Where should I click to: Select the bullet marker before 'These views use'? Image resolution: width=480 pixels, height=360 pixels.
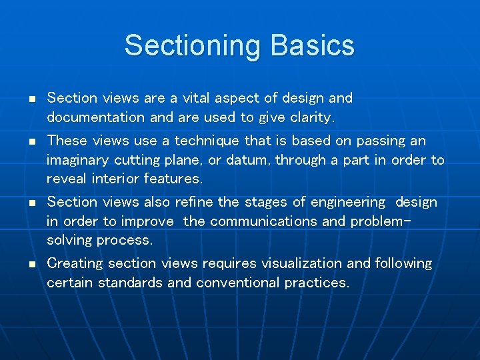(x=31, y=142)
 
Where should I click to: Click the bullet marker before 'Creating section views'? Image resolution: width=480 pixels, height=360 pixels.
(x=31, y=265)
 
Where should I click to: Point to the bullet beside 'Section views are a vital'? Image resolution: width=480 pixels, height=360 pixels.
(x=31, y=99)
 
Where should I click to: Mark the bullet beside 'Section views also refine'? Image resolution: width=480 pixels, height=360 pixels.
(x=31, y=203)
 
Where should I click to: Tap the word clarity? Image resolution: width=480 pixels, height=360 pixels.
(x=311, y=117)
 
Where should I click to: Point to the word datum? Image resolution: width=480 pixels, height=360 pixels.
(x=251, y=160)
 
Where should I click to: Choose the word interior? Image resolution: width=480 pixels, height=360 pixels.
(x=113, y=179)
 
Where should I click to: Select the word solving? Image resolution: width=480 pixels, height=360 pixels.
(x=69, y=240)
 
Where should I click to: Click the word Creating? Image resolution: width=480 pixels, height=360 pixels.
(x=75, y=263)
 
